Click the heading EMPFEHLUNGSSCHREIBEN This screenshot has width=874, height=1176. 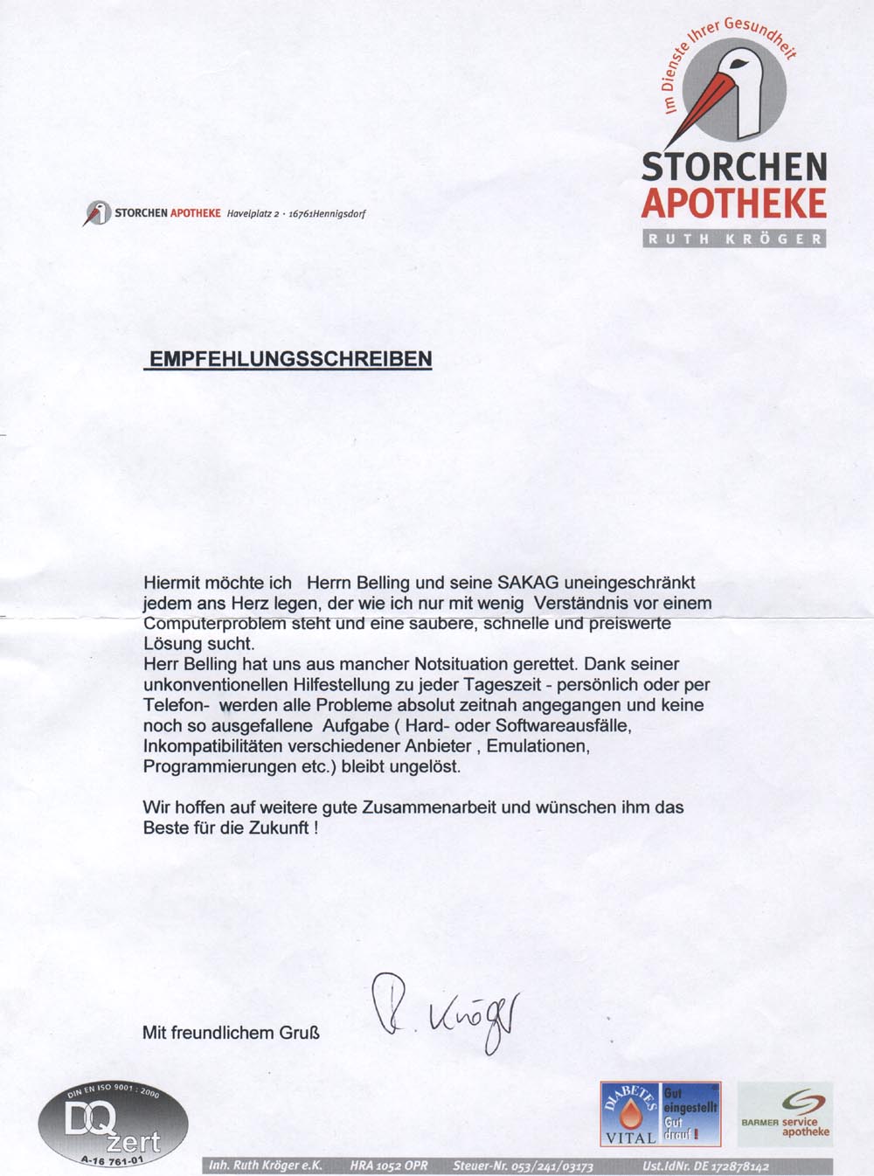[291, 359]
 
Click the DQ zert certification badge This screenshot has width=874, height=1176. [113, 1126]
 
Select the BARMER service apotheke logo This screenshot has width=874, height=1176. [785, 1115]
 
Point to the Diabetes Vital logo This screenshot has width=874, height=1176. [630, 1114]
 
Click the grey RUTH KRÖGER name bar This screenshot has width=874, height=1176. [734, 239]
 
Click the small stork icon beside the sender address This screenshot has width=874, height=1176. [97, 212]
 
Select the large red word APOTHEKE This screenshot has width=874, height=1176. [734, 204]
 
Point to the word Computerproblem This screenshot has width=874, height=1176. [214, 624]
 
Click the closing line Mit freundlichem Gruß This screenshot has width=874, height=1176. [231, 1033]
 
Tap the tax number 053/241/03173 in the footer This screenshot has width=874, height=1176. [551, 1166]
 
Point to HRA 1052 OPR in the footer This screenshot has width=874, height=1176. [389, 1166]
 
